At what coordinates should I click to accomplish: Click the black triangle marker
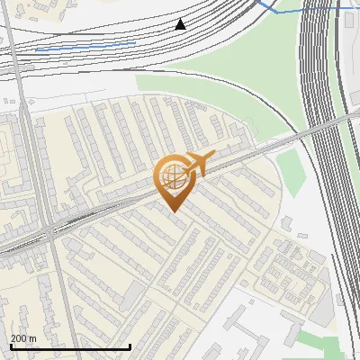click(181, 24)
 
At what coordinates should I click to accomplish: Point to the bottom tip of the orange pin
click(172, 211)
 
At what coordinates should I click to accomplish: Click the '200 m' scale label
click(23, 338)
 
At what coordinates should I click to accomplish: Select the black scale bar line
click(70, 346)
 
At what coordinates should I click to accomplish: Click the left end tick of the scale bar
click(9, 345)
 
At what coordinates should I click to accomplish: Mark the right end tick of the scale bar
click(131, 345)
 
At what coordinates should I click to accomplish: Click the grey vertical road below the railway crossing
click(59, 288)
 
